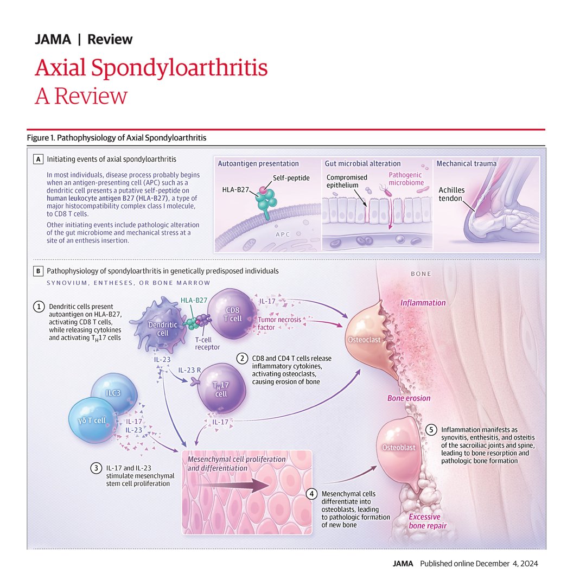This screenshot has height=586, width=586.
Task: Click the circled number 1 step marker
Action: [x=40, y=307]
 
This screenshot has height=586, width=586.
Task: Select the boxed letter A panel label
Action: [x=38, y=160]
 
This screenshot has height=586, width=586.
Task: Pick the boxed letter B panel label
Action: [x=38, y=270]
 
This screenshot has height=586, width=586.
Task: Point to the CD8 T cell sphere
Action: [x=230, y=314]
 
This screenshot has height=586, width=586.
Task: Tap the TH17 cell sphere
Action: [x=221, y=389]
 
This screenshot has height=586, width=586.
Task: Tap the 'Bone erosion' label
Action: [x=409, y=398]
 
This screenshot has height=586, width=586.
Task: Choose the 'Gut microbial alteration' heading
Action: [x=362, y=163]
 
